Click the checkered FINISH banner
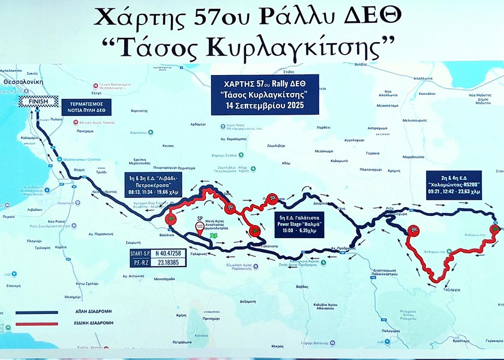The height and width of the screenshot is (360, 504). [37, 102]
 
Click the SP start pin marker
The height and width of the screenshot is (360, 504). [200, 226]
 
